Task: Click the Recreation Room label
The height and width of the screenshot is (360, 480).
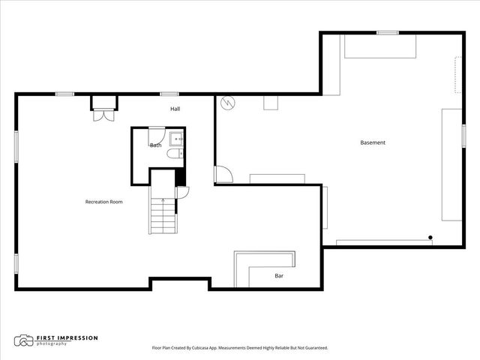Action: tap(103, 202)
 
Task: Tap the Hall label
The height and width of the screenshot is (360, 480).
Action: tap(175, 109)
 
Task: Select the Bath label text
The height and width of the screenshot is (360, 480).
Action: tap(155, 145)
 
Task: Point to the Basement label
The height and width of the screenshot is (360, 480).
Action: tap(373, 142)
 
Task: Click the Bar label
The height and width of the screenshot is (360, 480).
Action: tap(279, 276)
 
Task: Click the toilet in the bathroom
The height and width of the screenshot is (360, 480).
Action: tap(175, 153)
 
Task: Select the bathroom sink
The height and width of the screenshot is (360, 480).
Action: tap(177, 139)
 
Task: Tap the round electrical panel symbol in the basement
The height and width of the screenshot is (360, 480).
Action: tap(228, 103)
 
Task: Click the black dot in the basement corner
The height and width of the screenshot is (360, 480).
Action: tap(430, 237)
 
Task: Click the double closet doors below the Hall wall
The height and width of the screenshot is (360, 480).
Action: tap(103, 115)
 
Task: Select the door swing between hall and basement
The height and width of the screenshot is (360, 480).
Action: tap(223, 175)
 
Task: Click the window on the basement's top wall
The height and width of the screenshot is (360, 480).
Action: tap(388, 33)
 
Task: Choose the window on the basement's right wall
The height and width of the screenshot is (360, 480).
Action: tap(463, 136)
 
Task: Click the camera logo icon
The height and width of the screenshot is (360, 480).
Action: tap(23, 340)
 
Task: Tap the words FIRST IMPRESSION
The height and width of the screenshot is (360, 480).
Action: tap(67, 338)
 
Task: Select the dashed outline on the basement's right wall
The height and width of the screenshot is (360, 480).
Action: tap(457, 75)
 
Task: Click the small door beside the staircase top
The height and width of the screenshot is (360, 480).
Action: tap(183, 193)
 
